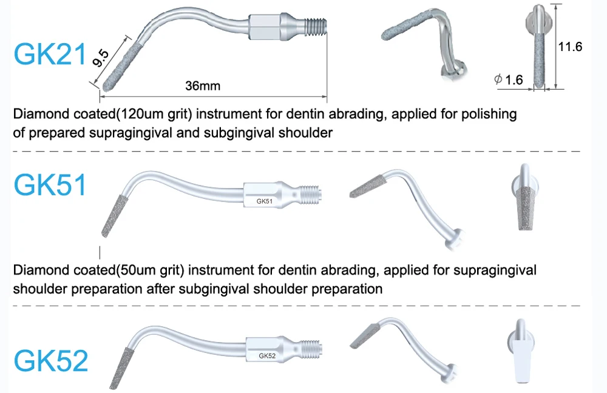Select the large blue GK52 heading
coord(51,360)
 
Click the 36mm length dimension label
coord(203,86)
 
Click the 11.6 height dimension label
coord(570,47)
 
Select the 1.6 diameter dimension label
coord(513,79)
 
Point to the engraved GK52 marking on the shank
coord(267,356)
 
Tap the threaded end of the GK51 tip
coord(313,194)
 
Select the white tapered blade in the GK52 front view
coord(521,360)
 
